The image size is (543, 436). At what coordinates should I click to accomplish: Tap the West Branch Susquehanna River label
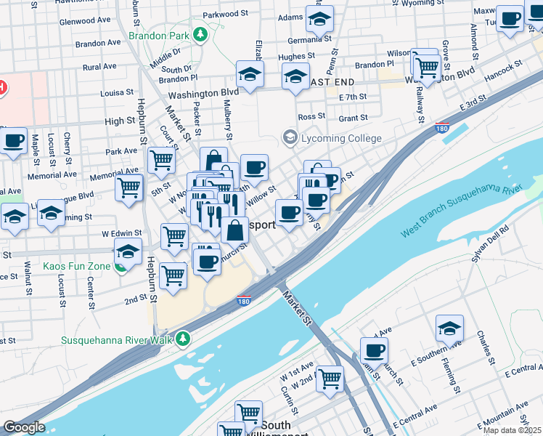pos(461,210)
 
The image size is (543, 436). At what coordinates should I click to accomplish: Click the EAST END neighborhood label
pos(334,83)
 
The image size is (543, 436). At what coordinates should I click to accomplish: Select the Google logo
pos(24,427)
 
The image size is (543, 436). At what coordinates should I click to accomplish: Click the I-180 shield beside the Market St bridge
pos(244,299)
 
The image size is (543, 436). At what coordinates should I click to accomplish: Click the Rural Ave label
pos(100,67)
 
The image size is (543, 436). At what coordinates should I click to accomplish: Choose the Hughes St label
pos(296,56)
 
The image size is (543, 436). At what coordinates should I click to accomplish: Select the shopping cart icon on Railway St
pos(425,66)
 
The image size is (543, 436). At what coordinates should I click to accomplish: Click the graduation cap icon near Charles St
pos(449,328)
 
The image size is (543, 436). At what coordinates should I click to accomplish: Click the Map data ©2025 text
pos(512,430)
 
